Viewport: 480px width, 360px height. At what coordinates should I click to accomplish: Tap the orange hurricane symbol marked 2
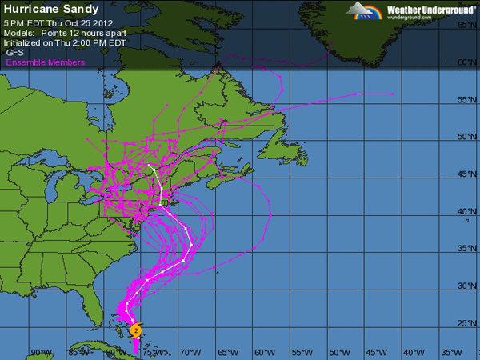[x=136, y=329]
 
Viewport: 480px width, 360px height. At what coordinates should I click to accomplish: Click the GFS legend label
[x=14, y=51]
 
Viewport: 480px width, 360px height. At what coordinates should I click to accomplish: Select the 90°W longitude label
[x=36, y=352]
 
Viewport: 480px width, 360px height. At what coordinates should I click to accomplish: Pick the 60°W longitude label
[x=262, y=352]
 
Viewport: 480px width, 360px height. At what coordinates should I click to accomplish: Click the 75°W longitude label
[x=149, y=352]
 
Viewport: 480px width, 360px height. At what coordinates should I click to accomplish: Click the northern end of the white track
[x=150, y=165]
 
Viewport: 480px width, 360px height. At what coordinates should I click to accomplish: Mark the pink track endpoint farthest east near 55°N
[x=394, y=94]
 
